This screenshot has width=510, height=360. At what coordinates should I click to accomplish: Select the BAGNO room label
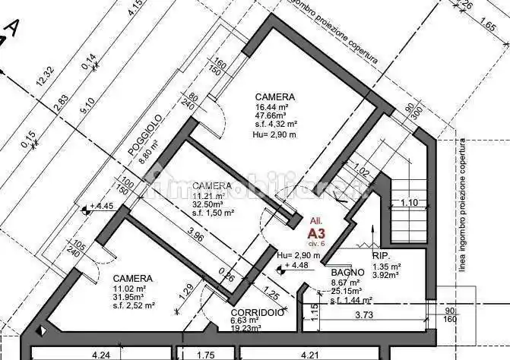(x=344, y=273)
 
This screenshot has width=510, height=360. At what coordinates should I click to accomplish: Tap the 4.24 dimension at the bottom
(x=100, y=353)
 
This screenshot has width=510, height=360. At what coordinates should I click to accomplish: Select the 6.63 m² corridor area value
(x=246, y=321)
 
